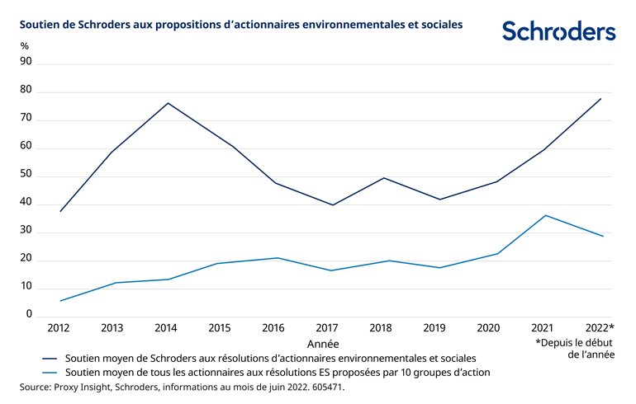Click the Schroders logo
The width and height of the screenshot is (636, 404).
click(x=558, y=31)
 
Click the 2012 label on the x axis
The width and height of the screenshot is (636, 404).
click(x=59, y=328)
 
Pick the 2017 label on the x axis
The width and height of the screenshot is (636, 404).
click(x=327, y=328)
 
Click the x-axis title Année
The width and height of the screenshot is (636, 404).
click(x=323, y=343)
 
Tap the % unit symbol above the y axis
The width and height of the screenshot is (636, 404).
click(x=24, y=45)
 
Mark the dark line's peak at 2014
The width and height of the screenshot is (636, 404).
click(x=168, y=103)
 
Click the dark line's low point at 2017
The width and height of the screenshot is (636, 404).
click(x=332, y=205)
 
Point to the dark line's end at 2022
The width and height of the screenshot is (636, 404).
click(x=601, y=98)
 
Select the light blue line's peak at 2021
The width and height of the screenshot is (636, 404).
click(x=547, y=215)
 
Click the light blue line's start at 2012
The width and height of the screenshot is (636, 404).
click(x=59, y=301)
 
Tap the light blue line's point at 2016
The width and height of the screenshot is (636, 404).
click(x=278, y=258)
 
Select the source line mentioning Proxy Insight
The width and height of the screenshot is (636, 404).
click(x=181, y=387)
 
